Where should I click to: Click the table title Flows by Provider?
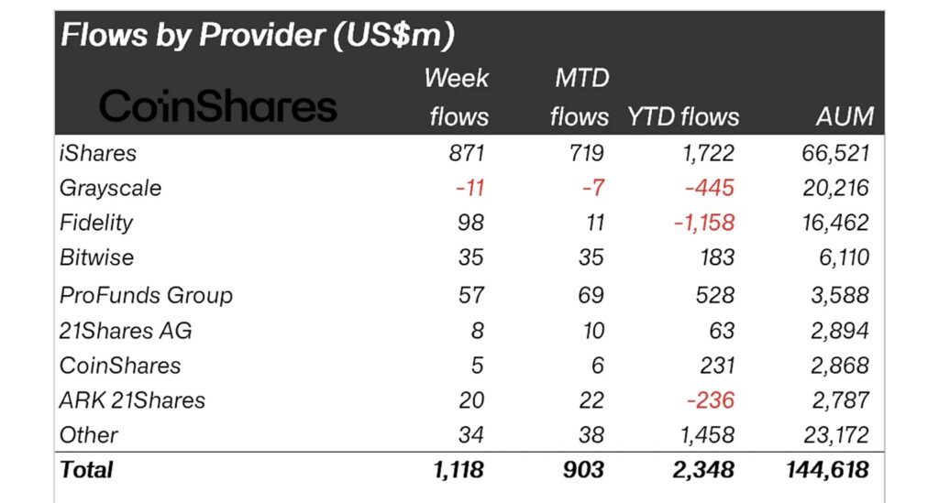coord(258,35)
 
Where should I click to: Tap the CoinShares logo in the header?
coord(217,107)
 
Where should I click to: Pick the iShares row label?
coord(98,153)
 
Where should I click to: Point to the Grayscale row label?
coord(110,188)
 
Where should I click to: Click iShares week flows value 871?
coord(462,153)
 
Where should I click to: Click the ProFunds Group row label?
coord(146,295)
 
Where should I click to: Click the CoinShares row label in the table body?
coord(119,365)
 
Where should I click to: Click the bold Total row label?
coord(86,470)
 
